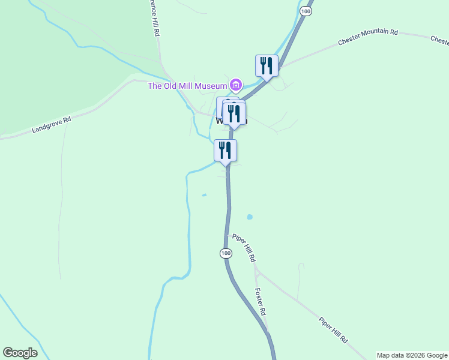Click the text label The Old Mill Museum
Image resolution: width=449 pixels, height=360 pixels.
pyautogui.click(x=187, y=85)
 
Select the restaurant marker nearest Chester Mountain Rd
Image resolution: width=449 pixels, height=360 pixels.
pyautogui.click(x=267, y=66)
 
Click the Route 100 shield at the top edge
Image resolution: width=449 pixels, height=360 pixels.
pyautogui.click(x=306, y=11)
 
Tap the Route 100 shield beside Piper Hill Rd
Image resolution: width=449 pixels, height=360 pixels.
pyautogui.click(x=225, y=253)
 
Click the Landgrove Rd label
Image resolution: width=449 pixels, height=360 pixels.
pyautogui.click(x=52, y=124)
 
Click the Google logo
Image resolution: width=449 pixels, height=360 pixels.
pyautogui.click(x=20, y=353)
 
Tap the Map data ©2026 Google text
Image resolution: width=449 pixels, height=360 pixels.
pyautogui.click(x=412, y=355)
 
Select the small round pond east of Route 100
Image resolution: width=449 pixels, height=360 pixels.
pyautogui.click(x=250, y=217)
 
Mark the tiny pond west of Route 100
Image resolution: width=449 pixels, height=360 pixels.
pyautogui.click(x=205, y=195)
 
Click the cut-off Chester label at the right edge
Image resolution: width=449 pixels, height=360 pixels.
pyautogui.click(x=439, y=40)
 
